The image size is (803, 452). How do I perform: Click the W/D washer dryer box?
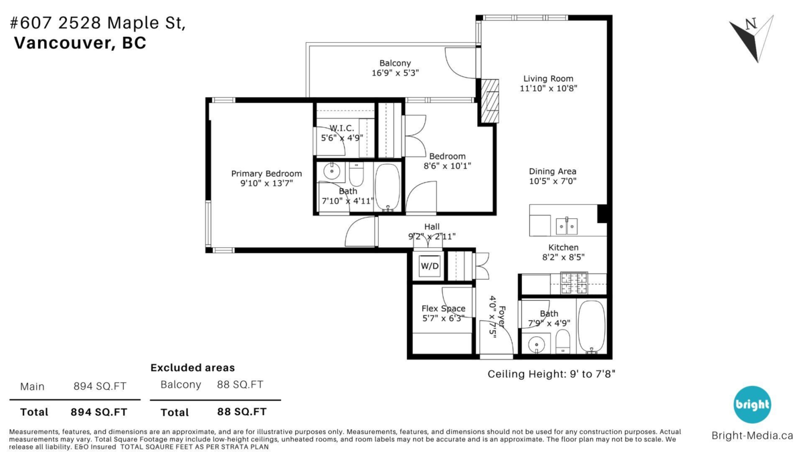point(429,266)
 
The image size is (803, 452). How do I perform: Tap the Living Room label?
point(548,78)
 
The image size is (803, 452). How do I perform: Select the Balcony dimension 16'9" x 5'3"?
point(395,73)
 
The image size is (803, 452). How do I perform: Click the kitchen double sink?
point(567,226)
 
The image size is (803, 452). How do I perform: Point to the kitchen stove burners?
point(573,283)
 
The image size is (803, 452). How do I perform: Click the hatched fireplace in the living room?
point(490,101)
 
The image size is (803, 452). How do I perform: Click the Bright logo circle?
point(752,404)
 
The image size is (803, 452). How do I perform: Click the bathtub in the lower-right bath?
point(591,326)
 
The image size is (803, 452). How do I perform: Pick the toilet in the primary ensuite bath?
point(356,175)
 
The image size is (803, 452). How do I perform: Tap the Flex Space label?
point(443,309)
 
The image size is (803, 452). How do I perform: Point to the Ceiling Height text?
point(551,374)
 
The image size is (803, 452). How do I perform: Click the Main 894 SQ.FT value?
point(100,386)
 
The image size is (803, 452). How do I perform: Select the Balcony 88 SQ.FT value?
point(240,384)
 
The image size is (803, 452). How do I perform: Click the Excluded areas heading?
point(192,368)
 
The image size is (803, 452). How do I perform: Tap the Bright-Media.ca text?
point(751,435)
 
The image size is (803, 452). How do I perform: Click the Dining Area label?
point(552,171)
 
